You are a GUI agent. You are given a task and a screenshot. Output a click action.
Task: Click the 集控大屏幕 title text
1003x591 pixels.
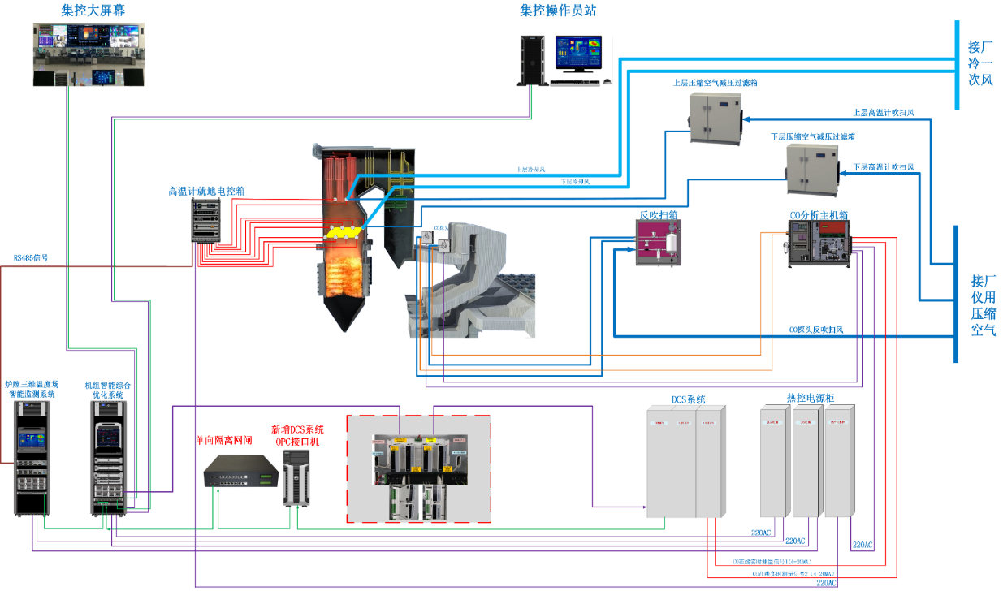(93, 11)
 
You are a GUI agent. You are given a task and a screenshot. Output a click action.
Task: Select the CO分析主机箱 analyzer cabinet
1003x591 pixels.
(819, 244)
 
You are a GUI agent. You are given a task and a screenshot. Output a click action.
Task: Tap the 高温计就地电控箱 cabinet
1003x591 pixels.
(205, 220)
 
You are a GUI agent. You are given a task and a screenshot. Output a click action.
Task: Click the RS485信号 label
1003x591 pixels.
(31, 258)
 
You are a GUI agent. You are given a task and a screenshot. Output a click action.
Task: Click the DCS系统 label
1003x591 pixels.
(688, 399)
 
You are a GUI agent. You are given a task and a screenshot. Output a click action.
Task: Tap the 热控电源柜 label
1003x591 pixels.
(810, 398)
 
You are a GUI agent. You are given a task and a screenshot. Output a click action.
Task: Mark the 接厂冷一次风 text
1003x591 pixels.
(980, 63)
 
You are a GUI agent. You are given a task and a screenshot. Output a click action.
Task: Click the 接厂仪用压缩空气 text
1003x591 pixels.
(983, 305)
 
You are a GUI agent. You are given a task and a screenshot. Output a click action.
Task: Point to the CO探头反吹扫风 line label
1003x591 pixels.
(816, 330)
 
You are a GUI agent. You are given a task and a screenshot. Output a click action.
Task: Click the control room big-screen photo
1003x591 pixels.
(89, 54)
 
